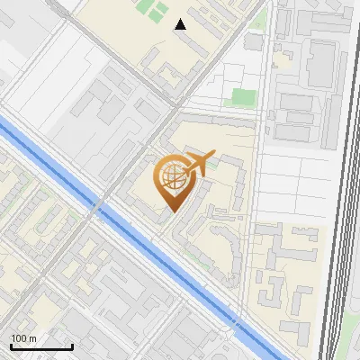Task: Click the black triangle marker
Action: pyautogui.click(x=181, y=24)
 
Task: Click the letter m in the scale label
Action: pyautogui.click(x=33, y=337)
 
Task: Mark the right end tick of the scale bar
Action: pyautogui.click(x=72, y=346)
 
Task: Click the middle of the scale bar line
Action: pyautogui.click(x=40, y=347)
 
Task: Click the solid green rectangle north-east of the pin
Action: pyautogui.click(x=241, y=97)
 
